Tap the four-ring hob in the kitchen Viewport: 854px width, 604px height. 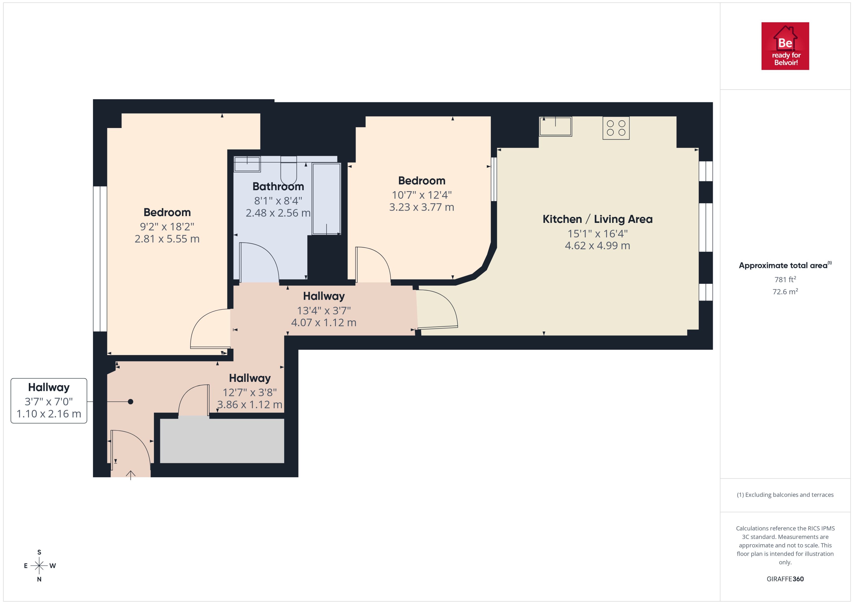616,128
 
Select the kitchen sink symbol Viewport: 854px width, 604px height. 555,127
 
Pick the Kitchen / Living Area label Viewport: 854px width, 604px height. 597,219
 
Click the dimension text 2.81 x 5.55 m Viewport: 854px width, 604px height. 167,239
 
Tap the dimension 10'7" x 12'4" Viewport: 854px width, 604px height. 422,195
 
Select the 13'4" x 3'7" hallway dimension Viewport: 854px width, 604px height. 323,310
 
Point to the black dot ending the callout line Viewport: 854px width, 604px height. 131,402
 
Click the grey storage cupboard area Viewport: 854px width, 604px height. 222,441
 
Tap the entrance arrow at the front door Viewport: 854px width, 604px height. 131,475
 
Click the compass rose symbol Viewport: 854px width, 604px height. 39,566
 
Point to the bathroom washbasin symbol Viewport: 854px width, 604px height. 247,164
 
